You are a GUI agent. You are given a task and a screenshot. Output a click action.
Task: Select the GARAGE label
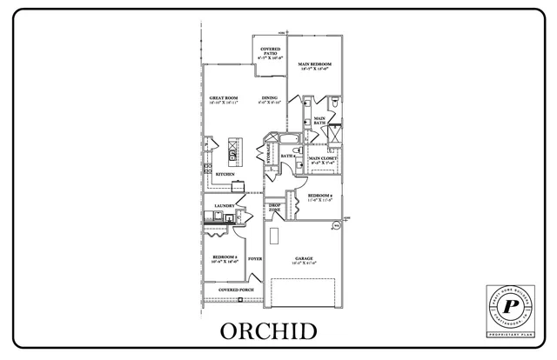pos(303,258)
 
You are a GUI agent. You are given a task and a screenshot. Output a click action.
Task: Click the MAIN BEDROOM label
pos(314,65)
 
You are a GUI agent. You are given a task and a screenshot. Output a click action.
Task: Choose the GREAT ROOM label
pos(224,99)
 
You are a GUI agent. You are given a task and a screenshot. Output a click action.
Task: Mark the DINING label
pos(269,99)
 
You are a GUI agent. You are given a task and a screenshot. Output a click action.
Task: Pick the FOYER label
pos(255,258)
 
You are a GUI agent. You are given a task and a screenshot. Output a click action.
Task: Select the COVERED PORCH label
pos(235,290)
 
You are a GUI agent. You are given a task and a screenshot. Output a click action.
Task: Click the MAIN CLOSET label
pos(322,159)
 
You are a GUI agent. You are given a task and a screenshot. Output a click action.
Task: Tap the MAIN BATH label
pos(319,121)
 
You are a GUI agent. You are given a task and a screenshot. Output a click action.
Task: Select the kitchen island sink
pos(233,153)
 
